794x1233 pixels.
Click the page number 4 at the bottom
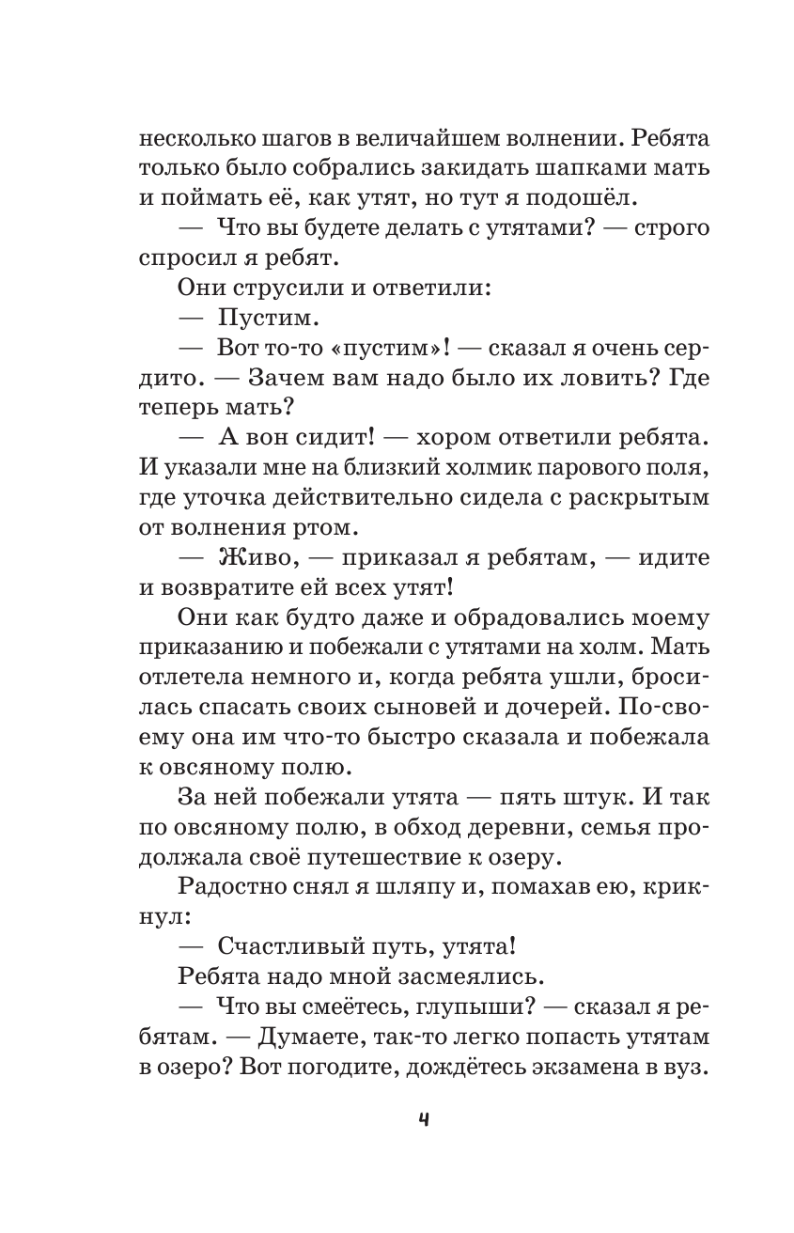click(x=397, y=1119)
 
